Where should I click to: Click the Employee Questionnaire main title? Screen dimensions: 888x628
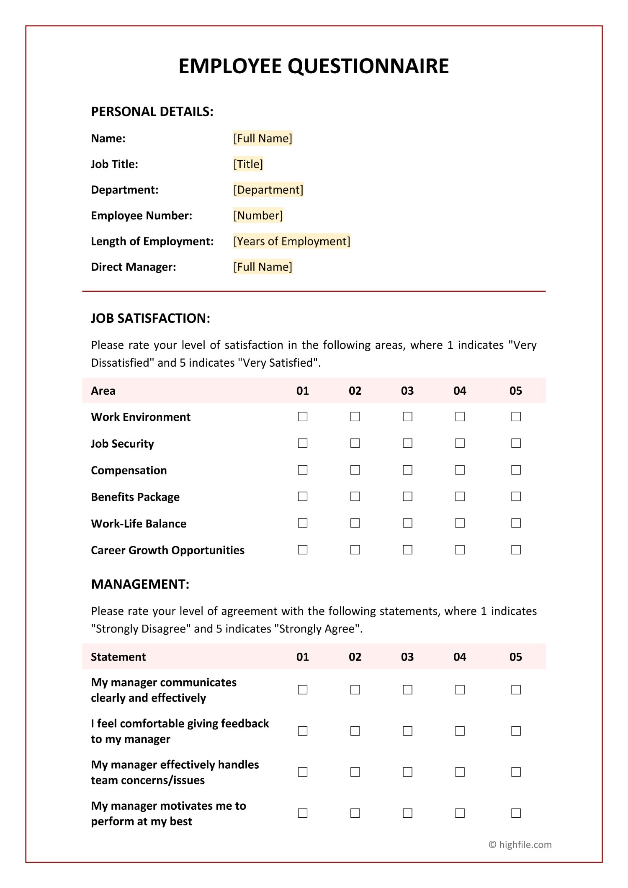[x=314, y=66]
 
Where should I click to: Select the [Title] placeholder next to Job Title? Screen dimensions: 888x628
[x=248, y=164]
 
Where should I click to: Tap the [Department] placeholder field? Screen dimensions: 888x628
[x=268, y=190]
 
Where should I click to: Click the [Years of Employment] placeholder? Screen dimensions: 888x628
[x=291, y=241]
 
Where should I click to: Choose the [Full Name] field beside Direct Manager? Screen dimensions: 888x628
[x=263, y=267]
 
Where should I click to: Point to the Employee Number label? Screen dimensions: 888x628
[x=142, y=216]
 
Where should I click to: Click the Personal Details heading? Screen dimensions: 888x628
[x=152, y=111]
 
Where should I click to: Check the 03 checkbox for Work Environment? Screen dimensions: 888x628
[x=407, y=417]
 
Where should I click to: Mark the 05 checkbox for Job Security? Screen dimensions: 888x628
[x=516, y=443]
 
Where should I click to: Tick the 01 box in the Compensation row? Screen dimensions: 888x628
[x=303, y=470]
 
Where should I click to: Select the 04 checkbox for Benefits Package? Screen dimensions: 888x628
[x=460, y=497]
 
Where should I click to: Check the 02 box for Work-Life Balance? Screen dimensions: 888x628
[x=355, y=523]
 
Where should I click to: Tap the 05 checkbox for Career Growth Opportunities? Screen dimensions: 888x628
[x=516, y=550]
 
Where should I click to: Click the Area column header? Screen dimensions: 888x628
[x=103, y=391]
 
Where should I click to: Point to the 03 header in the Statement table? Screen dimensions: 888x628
[x=407, y=656]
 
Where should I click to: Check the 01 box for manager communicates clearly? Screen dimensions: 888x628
[x=303, y=690]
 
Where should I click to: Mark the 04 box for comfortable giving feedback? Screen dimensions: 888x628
[x=460, y=731]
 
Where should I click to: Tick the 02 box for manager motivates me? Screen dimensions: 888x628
[x=355, y=813]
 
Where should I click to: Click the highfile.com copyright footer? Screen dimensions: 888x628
[x=520, y=844]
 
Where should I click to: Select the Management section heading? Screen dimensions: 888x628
[x=140, y=584]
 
